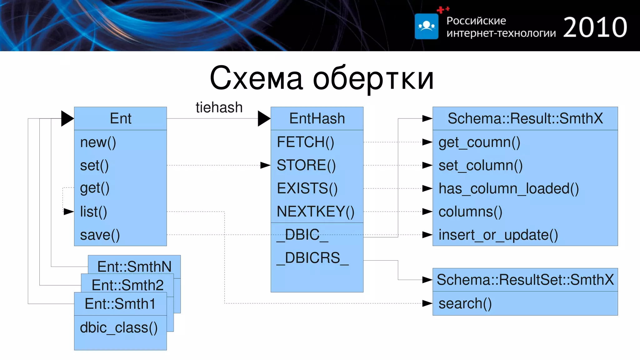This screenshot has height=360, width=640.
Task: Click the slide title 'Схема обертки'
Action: (x=322, y=78)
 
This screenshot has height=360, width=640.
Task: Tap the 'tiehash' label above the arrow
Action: (x=219, y=107)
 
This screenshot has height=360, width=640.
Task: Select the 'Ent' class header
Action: (x=121, y=118)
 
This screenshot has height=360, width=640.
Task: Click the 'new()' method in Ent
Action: (x=98, y=142)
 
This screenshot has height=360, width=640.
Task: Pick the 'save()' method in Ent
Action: (x=100, y=235)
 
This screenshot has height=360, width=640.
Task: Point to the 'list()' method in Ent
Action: (x=93, y=212)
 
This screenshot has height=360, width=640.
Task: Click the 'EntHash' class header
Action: (x=317, y=118)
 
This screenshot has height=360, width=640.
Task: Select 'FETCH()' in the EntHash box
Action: (x=305, y=142)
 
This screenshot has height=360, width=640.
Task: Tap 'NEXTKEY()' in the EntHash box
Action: (x=315, y=212)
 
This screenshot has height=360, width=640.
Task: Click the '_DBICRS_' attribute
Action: (x=312, y=258)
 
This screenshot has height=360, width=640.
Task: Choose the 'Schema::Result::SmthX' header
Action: (x=525, y=118)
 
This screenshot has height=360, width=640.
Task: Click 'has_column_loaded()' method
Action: (x=508, y=188)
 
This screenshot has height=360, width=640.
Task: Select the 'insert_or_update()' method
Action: (x=498, y=235)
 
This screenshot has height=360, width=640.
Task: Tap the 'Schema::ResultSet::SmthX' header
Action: (x=525, y=280)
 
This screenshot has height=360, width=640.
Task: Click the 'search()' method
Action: (x=465, y=303)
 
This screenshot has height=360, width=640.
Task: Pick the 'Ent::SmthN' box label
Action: (x=134, y=267)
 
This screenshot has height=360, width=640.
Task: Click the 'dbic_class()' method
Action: (x=119, y=327)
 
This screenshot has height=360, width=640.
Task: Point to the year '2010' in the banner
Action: (x=595, y=27)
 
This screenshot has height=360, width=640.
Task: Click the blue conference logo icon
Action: (x=426, y=26)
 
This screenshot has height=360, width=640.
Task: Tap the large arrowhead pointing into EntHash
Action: (x=263, y=118)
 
